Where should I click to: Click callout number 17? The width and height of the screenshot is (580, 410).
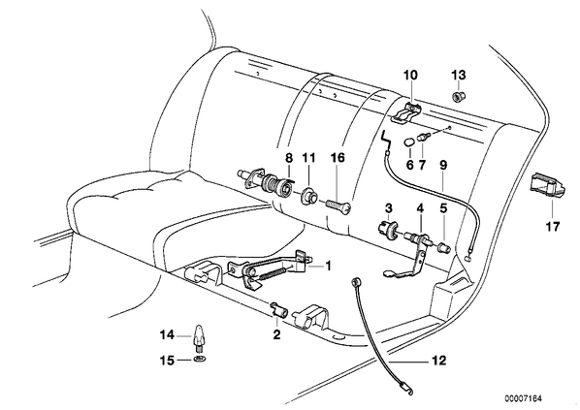[x=553, y=226]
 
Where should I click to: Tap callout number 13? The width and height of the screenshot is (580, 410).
[x=459, y=75]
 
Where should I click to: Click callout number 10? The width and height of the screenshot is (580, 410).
[x=410, y=75]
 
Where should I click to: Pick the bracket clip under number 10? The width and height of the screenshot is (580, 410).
[x=404, y=112]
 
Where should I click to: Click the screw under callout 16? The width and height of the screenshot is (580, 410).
[x=338, y=206]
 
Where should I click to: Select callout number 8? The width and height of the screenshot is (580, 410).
[x=289, y=158]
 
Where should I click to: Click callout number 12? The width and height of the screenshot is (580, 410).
[x=438, y=361]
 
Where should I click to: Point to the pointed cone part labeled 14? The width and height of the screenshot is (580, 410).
[x=199, y=335]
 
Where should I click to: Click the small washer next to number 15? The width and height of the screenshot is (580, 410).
[x=200, y=359]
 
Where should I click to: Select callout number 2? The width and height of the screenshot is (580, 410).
[x=276, y=335]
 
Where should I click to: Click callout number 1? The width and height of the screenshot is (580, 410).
[x=328, y=266]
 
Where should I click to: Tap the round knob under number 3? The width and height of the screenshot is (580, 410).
[x=388, y=225]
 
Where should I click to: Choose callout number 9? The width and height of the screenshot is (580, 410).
[x=443, y=165]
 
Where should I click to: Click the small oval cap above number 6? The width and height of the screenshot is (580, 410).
[x=408, y=142]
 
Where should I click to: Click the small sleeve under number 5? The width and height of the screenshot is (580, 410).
[x=443, y=247]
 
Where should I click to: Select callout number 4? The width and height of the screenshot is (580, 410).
[x=420, y=208]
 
